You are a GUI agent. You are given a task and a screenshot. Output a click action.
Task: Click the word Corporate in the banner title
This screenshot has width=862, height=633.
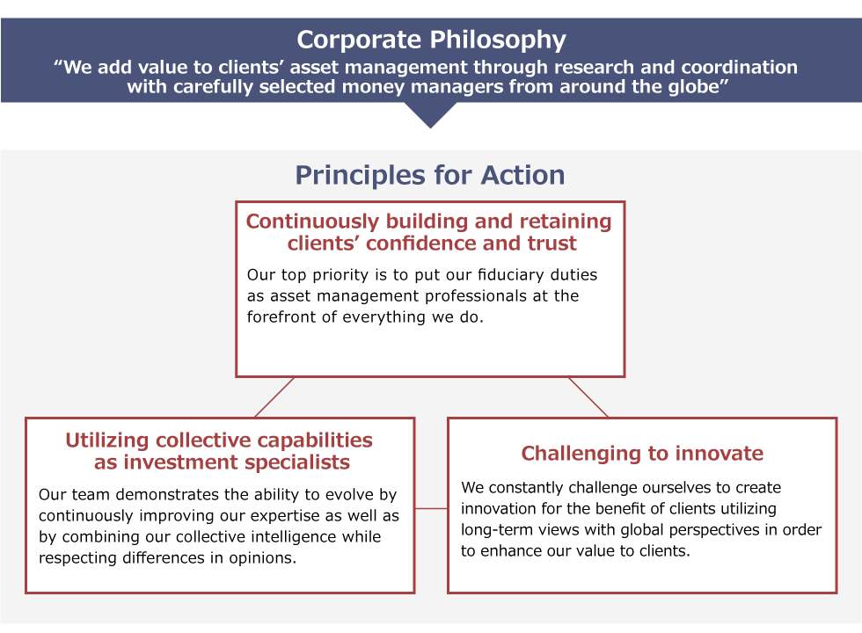[x=359, y=40]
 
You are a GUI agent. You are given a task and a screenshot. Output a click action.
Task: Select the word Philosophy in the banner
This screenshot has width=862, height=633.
[x=498, y=40]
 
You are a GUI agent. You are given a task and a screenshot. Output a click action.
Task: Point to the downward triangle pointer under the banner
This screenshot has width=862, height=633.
[x=431, y=115]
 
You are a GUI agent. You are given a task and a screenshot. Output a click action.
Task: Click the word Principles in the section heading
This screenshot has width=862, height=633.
[x=361, y=176]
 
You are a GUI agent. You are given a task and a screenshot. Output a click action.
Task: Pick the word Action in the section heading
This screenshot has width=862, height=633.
[x=522, y=175]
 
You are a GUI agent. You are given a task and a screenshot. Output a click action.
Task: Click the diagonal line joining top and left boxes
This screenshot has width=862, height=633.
[x=274, y=397]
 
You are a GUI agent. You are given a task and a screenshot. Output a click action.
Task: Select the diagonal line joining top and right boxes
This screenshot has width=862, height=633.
[x=588, y=397]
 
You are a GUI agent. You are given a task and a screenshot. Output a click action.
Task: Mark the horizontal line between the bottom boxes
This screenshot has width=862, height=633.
[x=431, y=508]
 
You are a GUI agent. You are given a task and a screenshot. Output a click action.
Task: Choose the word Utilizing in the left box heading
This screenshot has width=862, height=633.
[x=107, y=440]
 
